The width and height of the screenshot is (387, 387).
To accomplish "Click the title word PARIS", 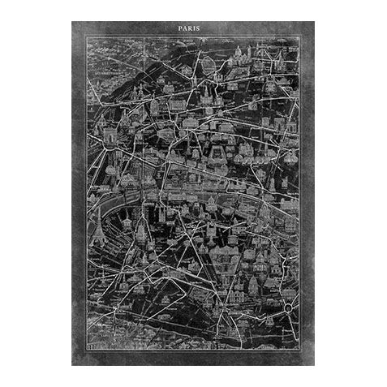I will pyautogui.click(x=193, y=28).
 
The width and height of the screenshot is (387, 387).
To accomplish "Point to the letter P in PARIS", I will pyautogui.click(x=181, y=28).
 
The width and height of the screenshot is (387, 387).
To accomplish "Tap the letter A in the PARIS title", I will pyautogui.click(x=187, y=28).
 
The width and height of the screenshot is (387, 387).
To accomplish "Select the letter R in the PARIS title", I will pyautogui.click(x=194, y=28).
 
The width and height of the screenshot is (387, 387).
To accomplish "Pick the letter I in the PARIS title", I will pyautogui.click(x=200, y=28).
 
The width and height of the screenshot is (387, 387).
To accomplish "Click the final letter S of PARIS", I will pyautogui.click(x=204, y=28).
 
